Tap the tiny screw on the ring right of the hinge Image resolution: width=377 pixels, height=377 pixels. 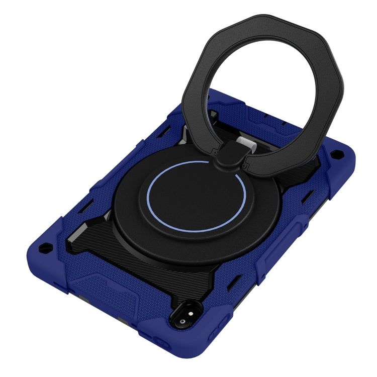tap(245, 162)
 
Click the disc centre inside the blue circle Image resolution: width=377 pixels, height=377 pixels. tap(196, 196)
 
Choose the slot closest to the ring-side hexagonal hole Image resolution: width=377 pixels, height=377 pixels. tap(322, 171)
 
